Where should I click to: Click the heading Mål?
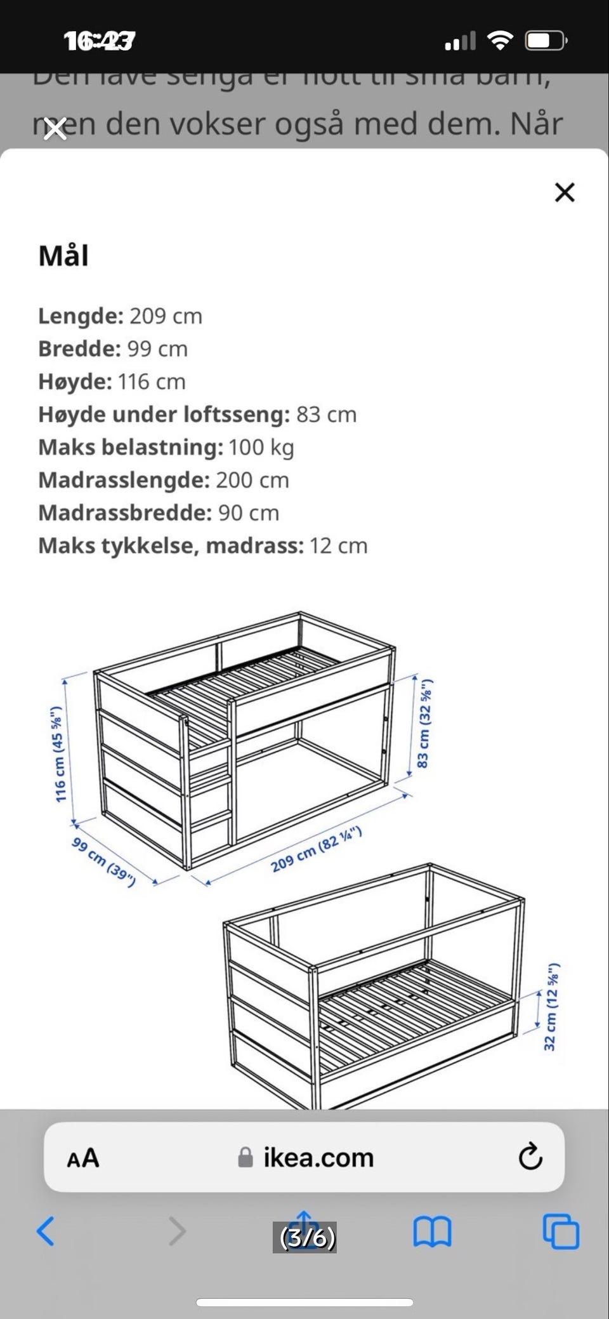click(x=63, y=256)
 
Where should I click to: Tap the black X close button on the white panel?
click(x=564, y=192)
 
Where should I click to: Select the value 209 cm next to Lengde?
click(x=166, y=316)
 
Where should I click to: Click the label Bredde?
click(x=79, y=349)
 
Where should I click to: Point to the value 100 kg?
click(x=261, y=447)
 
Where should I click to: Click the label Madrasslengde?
click(x=124, y=481)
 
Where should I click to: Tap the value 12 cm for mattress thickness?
click(x=338, y=546)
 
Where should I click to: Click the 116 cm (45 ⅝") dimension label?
click(x=58, y=754)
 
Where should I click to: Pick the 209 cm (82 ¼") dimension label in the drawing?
click(x=316, y=849)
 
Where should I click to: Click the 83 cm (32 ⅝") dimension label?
click(x=424, y=723)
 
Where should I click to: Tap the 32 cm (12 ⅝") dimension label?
click(x=551, y=1007)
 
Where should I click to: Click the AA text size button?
click(x=83, y=1158)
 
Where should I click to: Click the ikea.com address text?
click(x=318, y=1158)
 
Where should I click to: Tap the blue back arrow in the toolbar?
click(x=46, y=1231)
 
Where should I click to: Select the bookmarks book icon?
click(x=432, y=1232)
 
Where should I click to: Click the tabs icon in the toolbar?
click(x=561, y=1232)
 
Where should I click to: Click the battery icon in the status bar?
click(x=545, y=41)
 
